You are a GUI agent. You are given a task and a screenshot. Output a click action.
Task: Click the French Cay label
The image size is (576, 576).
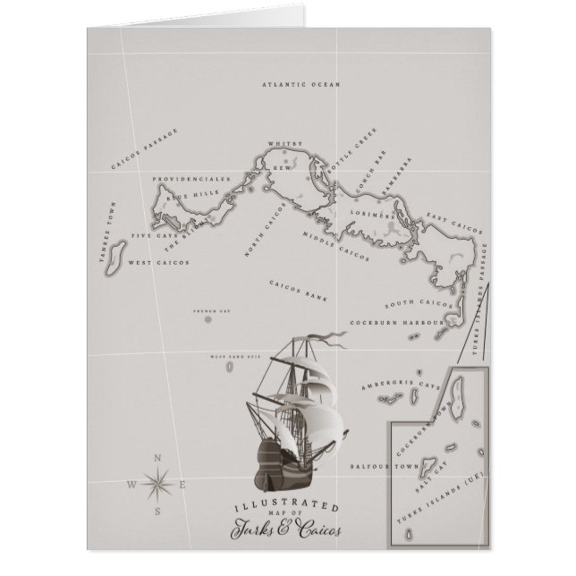coord(207,311)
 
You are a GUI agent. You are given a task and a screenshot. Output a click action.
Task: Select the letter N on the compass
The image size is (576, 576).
coord(158,459)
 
